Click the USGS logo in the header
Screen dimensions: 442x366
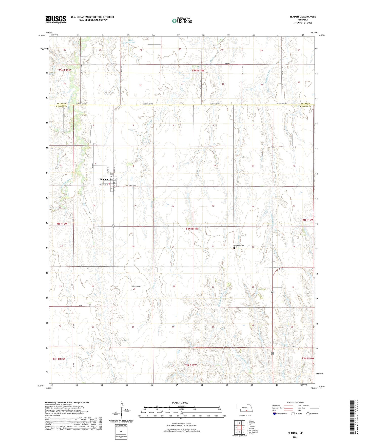(x=56, y=19)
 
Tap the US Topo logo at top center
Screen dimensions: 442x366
(x=182, y=21)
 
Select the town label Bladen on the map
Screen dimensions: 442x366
(x=104, y=179)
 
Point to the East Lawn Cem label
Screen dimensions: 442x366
(x=131, y=185)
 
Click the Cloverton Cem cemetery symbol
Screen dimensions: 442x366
(x=234, y=248)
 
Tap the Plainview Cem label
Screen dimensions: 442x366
(x=136, y=286)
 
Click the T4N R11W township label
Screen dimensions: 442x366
(x=192, y=229)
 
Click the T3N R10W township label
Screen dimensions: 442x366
(x=308, y=358)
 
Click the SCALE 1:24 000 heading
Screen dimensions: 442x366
(x=180, y=403)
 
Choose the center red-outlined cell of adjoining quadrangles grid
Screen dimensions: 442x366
(x=239, y=428)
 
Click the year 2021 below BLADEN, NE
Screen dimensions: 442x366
(x=295, y=437)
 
